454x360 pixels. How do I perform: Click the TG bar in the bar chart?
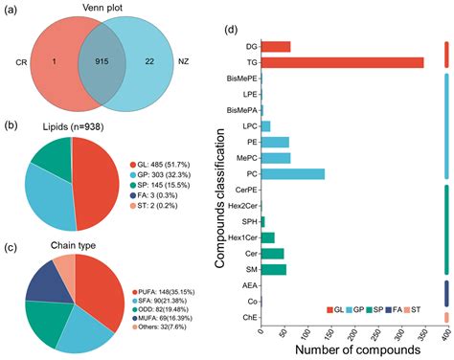point(342,62)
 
